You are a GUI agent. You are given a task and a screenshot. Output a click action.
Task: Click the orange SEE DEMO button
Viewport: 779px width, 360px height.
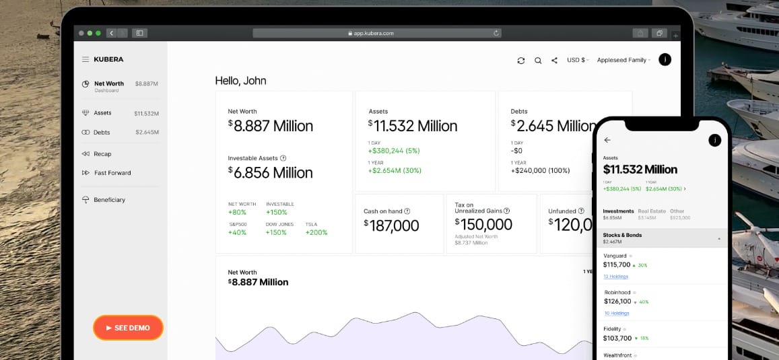tap(128, 328)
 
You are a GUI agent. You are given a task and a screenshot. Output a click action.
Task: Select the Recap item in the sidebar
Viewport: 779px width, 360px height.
tap(102, 154)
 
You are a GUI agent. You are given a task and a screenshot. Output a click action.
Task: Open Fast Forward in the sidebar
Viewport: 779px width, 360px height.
tap(112, 173)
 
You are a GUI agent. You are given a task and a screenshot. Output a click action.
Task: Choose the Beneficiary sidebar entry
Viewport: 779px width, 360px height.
tap(109, 200)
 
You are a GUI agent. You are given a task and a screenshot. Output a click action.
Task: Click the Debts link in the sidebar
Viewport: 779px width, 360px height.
tap(102, 133)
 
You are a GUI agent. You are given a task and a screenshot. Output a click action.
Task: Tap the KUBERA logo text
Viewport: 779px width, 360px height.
tap(108, 59)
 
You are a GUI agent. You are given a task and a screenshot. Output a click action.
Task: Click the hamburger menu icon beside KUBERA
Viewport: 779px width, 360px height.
tap(86, 59)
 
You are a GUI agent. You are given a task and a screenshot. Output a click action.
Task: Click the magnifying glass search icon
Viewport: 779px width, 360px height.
tap(538, 61)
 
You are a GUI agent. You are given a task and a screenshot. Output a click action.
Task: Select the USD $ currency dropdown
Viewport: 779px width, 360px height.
tap(577, 60)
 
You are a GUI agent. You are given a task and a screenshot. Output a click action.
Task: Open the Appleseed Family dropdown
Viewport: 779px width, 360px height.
tap(623, 60)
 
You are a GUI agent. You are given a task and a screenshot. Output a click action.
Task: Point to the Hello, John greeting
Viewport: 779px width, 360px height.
tap(240, 81)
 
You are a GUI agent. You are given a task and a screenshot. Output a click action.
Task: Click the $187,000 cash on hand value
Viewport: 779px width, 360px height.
tap(391, 226)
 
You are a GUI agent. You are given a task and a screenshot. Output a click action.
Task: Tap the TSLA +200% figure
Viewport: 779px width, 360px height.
tap(316, 232)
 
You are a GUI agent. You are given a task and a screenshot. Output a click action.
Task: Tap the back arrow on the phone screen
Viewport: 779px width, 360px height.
tap(607, 140)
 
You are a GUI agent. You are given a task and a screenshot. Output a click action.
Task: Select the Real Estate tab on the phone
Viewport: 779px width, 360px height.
tap(651, 211)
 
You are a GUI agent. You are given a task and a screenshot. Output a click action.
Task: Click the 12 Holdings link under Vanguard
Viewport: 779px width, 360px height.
tap(615, 277)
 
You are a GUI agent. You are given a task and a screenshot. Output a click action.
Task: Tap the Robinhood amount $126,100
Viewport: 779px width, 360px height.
tap(617, 301)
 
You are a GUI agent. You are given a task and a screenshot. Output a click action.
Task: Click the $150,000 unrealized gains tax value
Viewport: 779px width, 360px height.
tap(483, 224)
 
